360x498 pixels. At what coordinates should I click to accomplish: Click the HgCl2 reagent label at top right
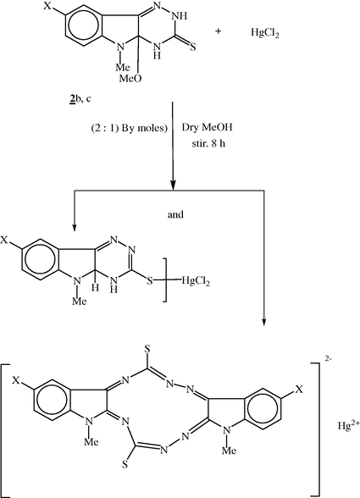[x=264, y=33]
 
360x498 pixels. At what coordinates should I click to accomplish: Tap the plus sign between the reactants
[x=218, y=31]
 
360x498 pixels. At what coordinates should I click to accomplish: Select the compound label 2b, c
[x=80, y=99]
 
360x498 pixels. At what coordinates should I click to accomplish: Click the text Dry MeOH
[x=207, y=127]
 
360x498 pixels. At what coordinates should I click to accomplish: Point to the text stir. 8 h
[x=208, y=143]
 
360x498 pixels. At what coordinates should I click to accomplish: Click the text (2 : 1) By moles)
[x=130, y=129]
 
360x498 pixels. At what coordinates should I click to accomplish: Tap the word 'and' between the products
[x=175, y=215]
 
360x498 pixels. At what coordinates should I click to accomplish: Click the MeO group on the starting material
[x=130, y=79]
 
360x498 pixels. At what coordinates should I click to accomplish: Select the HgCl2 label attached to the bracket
[x=196, y=281]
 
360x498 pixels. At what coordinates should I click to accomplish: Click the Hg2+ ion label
[x=348, y=424]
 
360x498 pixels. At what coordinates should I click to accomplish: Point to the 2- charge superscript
[x=328, y=359]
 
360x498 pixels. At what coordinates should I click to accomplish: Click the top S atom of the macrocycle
[x=147, y=349]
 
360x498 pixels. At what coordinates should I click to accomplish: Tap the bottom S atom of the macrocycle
[x=125, y=465]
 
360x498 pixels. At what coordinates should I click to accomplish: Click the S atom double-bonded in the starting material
[x=192, y=47]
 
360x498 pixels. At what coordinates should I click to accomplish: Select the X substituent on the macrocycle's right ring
[x=299, y=389]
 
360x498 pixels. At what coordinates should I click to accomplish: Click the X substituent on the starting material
[x=47, y=6]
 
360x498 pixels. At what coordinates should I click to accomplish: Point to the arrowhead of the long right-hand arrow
[x=263, y=323]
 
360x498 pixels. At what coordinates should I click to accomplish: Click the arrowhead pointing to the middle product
[x=75, y=227]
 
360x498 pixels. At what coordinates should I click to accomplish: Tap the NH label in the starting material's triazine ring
[x=180, y=16]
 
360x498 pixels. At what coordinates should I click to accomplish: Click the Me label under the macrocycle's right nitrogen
[x=229, y=450]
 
